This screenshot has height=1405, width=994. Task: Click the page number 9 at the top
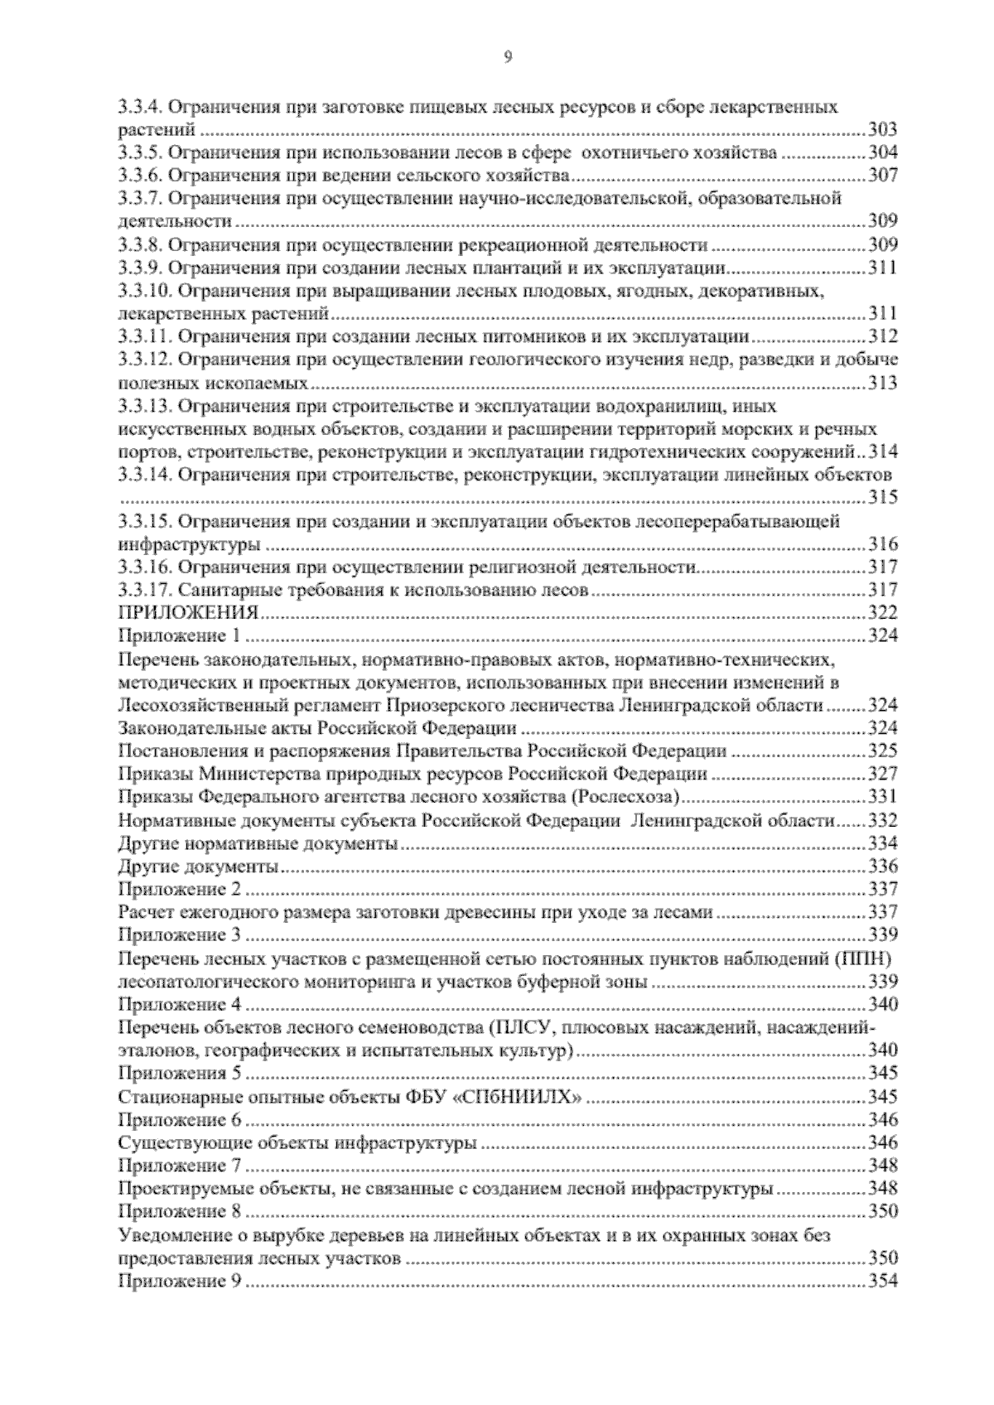pyautogui.click(x=507, y=57)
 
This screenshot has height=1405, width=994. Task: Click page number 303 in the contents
pyautogui.click(x=882, y=129)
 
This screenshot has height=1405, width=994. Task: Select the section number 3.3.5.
pyautogui.click(x=144, y=152)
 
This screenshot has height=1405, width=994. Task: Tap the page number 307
pyautogui.click(x=882, y=176)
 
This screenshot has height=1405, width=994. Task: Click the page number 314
pyautogui.click(x=882, y=452)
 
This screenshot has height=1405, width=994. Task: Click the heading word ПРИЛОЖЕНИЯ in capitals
pyautogui.click(x=189, y=613)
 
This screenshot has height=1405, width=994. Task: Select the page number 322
pyautogui.click(x=882, y=613)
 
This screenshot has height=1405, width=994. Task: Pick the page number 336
pyautogui.click(x=882, y=867)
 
